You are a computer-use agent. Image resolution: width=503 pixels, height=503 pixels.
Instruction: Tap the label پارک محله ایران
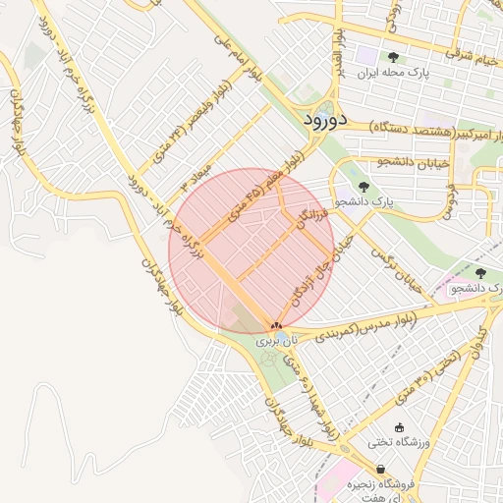[x=394, y=73]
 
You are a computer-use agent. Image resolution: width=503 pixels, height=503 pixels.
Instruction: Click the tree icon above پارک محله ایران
[x=394, y=57]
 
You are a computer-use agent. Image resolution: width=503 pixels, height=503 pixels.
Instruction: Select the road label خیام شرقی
[x=471, y=50]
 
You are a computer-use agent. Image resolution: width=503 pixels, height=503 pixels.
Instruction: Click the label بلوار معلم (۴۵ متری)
[x=268, y=190]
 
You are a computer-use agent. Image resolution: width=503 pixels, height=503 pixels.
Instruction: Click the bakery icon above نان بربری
[x=275, y=325]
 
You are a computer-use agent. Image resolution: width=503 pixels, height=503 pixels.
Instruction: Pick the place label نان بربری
[x=274, y=342]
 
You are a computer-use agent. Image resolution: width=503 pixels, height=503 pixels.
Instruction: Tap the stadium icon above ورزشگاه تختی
[x=399, y=426]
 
